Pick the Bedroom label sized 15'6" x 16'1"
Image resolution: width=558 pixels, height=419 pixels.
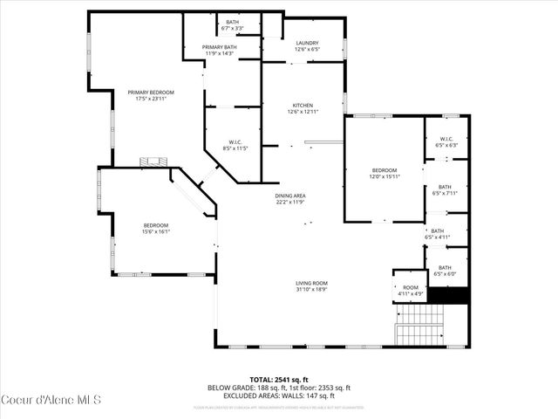(x=156, y=228)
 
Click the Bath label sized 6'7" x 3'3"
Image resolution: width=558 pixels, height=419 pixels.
(x=232, y=24)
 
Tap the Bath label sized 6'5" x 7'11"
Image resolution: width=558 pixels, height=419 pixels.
(x=445, y=189)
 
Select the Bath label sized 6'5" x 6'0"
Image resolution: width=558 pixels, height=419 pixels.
(x=445, y=271)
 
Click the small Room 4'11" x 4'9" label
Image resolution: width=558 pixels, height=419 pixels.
(x=410, y=290)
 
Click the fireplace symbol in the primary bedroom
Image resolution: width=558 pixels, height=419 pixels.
(x=154, y=161)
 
